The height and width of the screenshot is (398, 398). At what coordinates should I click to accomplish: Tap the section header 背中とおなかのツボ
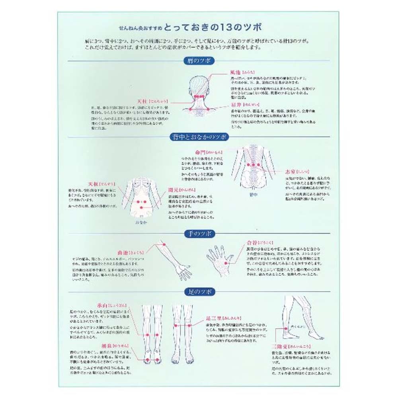(x=199, y=137)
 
